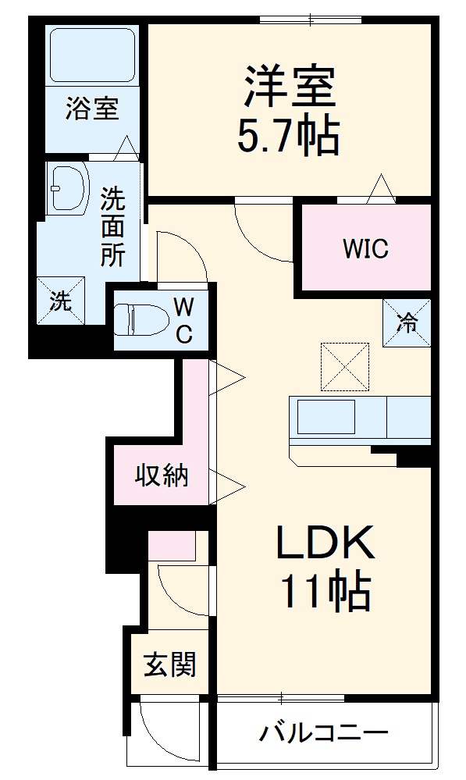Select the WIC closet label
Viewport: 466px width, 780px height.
[x=365, y=250]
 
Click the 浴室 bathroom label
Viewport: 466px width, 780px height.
[x=92, y=109]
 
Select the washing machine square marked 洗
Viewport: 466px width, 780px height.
[x=60, y=301]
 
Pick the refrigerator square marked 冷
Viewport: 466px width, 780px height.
[x=407, y=322]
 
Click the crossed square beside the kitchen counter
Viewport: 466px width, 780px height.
[x=344, y=365]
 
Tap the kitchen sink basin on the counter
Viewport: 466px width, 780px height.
[x=326, y=417]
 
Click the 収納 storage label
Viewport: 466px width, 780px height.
[x=162, y=475]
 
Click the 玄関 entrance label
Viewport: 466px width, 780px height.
[x=169, y=665]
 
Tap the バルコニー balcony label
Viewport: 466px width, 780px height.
[x=323, y=733]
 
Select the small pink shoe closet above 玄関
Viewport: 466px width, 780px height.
[x=172, y=545]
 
